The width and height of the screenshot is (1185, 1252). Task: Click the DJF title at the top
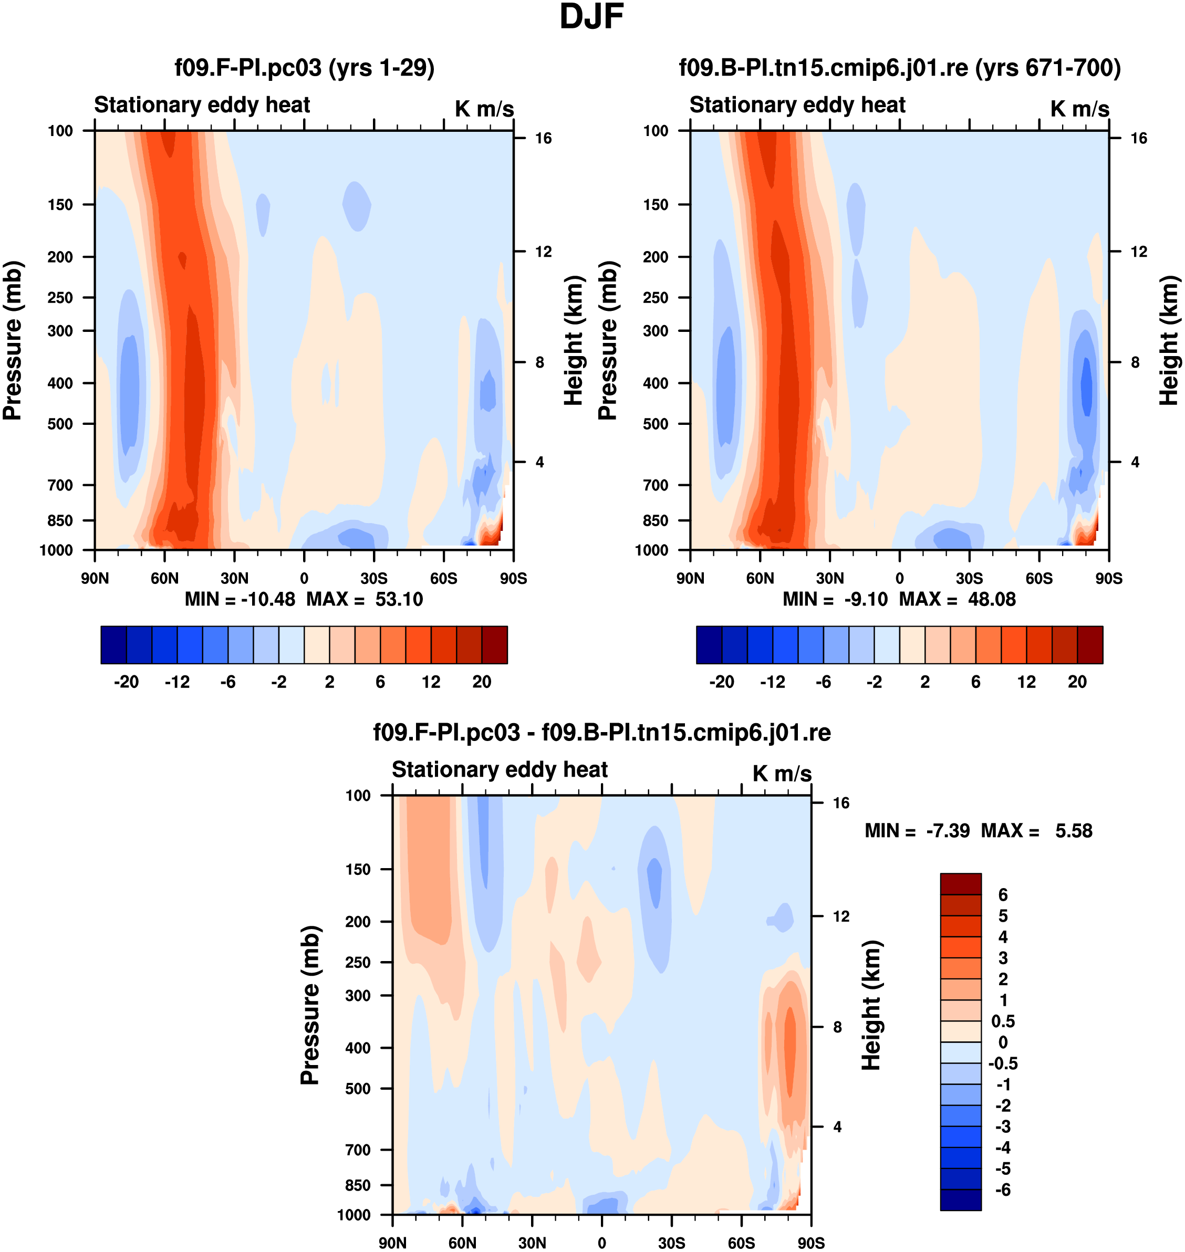[x=591, y=17]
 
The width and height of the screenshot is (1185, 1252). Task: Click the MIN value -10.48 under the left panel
[x=268, y=599]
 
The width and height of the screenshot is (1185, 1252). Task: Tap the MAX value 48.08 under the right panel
[x=992, y=599]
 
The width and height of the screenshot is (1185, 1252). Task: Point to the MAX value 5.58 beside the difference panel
[x=1073, y=831]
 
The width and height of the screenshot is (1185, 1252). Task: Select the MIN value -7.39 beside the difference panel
[x=948, y=831]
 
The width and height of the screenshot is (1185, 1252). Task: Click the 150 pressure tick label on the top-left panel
[x=60, y=205]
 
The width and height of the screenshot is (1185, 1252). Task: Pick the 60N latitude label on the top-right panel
[x=760, y=578]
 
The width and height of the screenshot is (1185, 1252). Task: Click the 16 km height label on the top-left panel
[x=543, y=138]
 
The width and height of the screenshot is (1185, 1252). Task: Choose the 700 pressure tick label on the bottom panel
[x=358, y=1150]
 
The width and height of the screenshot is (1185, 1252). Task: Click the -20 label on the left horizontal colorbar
[x=127, y=682]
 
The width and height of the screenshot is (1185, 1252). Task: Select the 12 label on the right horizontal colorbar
[x=1026, y=682]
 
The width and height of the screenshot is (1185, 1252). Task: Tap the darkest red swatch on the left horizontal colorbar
[x=495, y=645]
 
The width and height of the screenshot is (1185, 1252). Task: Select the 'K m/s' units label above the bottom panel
[x=782, y=773]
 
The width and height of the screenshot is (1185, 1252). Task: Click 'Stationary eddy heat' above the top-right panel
[x=797, y=105]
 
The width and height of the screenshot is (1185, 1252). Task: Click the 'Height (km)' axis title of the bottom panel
[x=872, y=1006]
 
